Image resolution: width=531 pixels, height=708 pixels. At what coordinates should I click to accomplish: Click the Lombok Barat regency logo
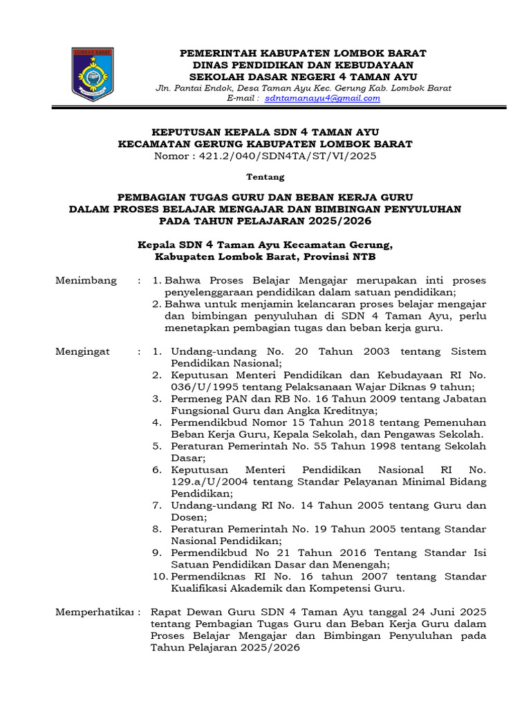click(x=93, y=74)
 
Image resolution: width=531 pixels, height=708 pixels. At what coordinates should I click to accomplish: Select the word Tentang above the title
click(x=265, y=177)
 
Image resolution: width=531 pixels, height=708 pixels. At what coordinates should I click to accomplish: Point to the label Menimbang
click(x=86, y=281)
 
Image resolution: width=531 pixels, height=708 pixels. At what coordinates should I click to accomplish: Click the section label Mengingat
click(x=82, y=351)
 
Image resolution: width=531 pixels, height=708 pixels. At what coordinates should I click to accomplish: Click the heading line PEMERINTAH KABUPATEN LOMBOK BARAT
click(x=303, y=53)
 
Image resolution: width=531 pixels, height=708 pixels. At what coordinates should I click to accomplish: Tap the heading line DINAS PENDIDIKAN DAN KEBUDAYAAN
click(x=303, y=65)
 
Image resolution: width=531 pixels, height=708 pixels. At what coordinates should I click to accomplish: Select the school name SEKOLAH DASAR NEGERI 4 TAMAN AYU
click(x=303, y=76)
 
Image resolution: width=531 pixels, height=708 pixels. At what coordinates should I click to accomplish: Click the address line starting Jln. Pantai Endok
click(x=303, y=88)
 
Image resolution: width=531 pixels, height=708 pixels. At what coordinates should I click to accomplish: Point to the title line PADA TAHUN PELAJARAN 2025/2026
click(x=265, y=221)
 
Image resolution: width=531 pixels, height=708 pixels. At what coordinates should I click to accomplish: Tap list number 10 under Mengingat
click(x=160, y=577)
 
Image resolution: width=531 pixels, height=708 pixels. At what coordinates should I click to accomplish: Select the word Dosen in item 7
click(x=187, y=517)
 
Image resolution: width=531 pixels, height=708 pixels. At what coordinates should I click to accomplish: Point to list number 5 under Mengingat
click(x=157, y=446)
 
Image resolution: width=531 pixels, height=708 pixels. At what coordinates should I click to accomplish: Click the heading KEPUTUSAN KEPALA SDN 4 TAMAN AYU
click(x=265, y=132)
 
